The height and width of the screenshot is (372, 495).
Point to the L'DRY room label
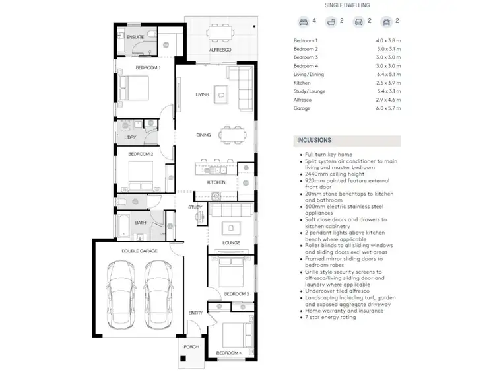click(130, 137)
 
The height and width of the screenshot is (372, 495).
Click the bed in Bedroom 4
click(231, 336)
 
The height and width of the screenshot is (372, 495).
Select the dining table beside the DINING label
click(231, 135)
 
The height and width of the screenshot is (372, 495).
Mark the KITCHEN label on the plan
click(216, 182)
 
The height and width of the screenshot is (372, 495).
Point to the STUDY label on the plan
click(195, 207)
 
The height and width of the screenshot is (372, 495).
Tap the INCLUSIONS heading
click(314, 140)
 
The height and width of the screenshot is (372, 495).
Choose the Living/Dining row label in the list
click(310, 75)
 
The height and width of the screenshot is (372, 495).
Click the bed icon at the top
click(303, 21)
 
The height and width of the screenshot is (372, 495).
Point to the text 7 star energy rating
click(329, 317)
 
